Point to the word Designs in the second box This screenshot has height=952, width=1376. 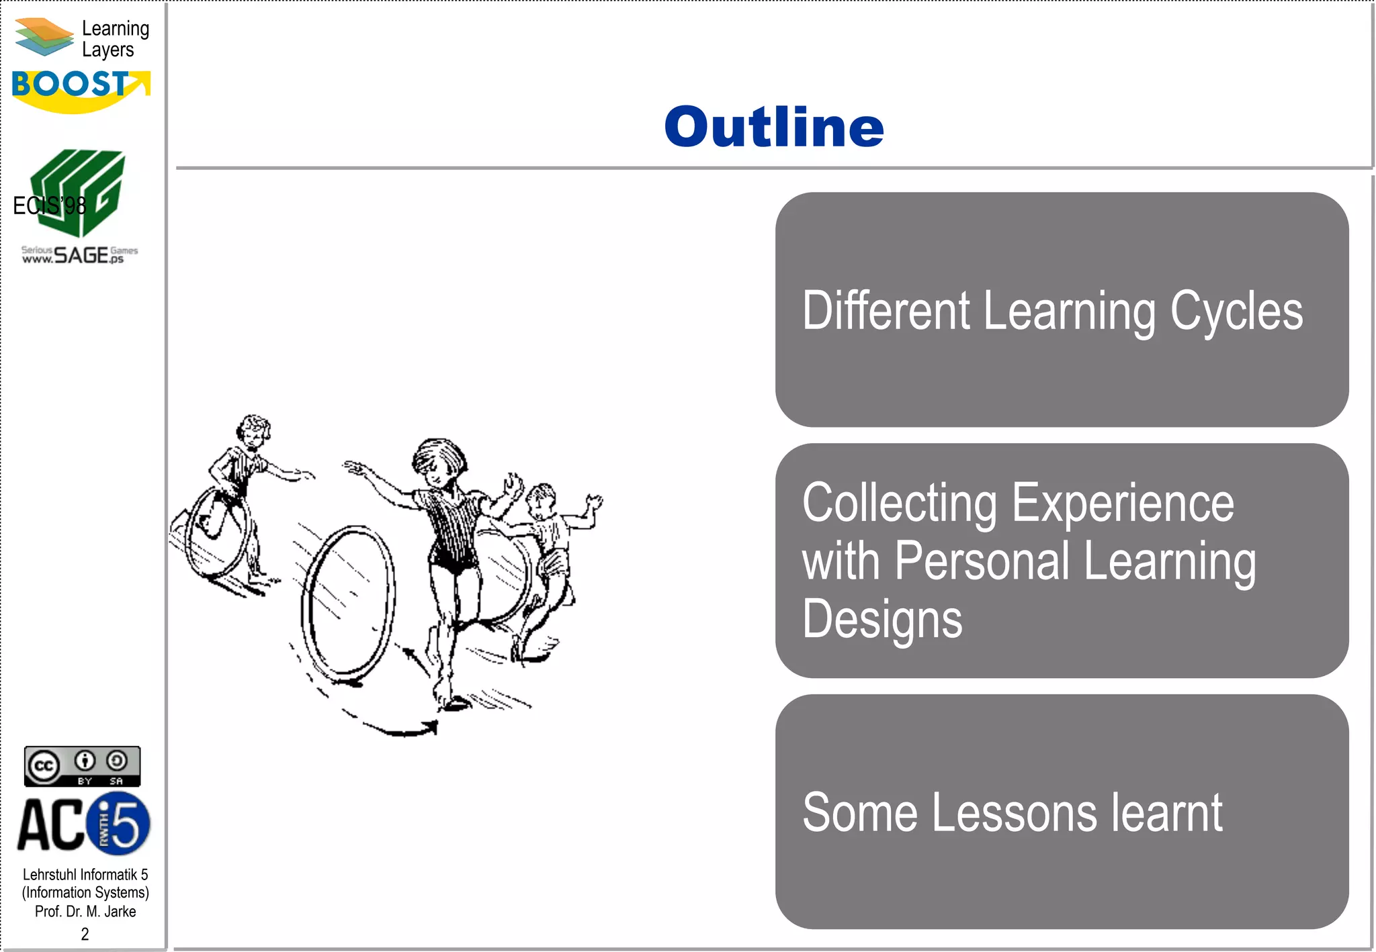point(881,619)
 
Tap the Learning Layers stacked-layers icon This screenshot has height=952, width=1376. point(44,37)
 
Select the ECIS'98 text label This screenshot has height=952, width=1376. point(49,205)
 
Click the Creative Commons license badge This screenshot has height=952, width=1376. point(82,766)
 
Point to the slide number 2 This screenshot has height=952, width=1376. point(85,934)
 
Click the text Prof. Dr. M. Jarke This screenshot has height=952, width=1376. point(85,912)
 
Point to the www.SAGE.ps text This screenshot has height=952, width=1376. point(79,255)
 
